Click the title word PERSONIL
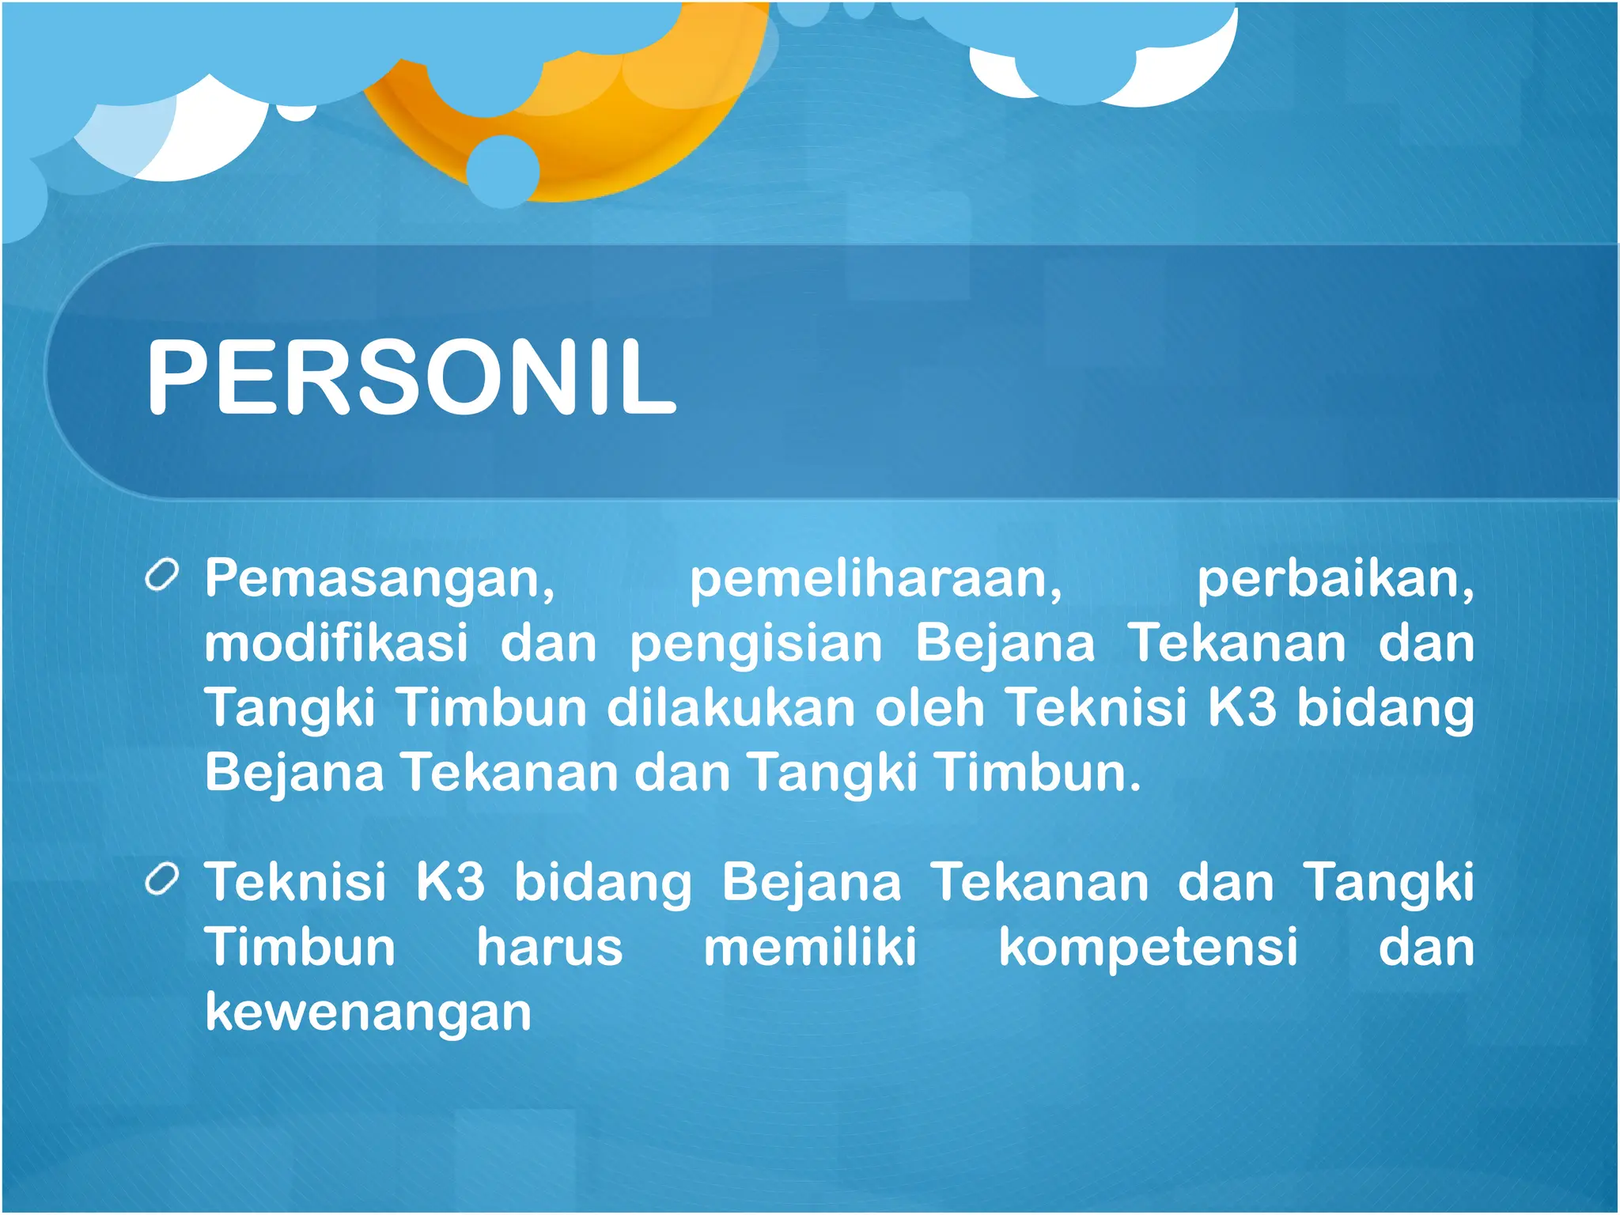point(411,376)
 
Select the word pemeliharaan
point(876,580)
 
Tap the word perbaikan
point(1334,580)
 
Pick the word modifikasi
point(336,643)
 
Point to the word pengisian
point(755,645)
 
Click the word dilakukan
point(731,706)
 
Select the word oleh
point(929,706)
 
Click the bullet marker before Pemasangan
point(162,576)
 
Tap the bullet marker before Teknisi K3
point(162,880)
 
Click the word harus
point(550,947)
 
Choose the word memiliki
point(810,947)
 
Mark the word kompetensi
point(1148,948)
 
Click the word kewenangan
point(368,1013)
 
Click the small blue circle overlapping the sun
point(503,171)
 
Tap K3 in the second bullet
point(450,882)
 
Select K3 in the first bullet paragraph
point(1242,706)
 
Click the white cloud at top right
point(1171,79)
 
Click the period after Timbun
point(1135,787)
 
